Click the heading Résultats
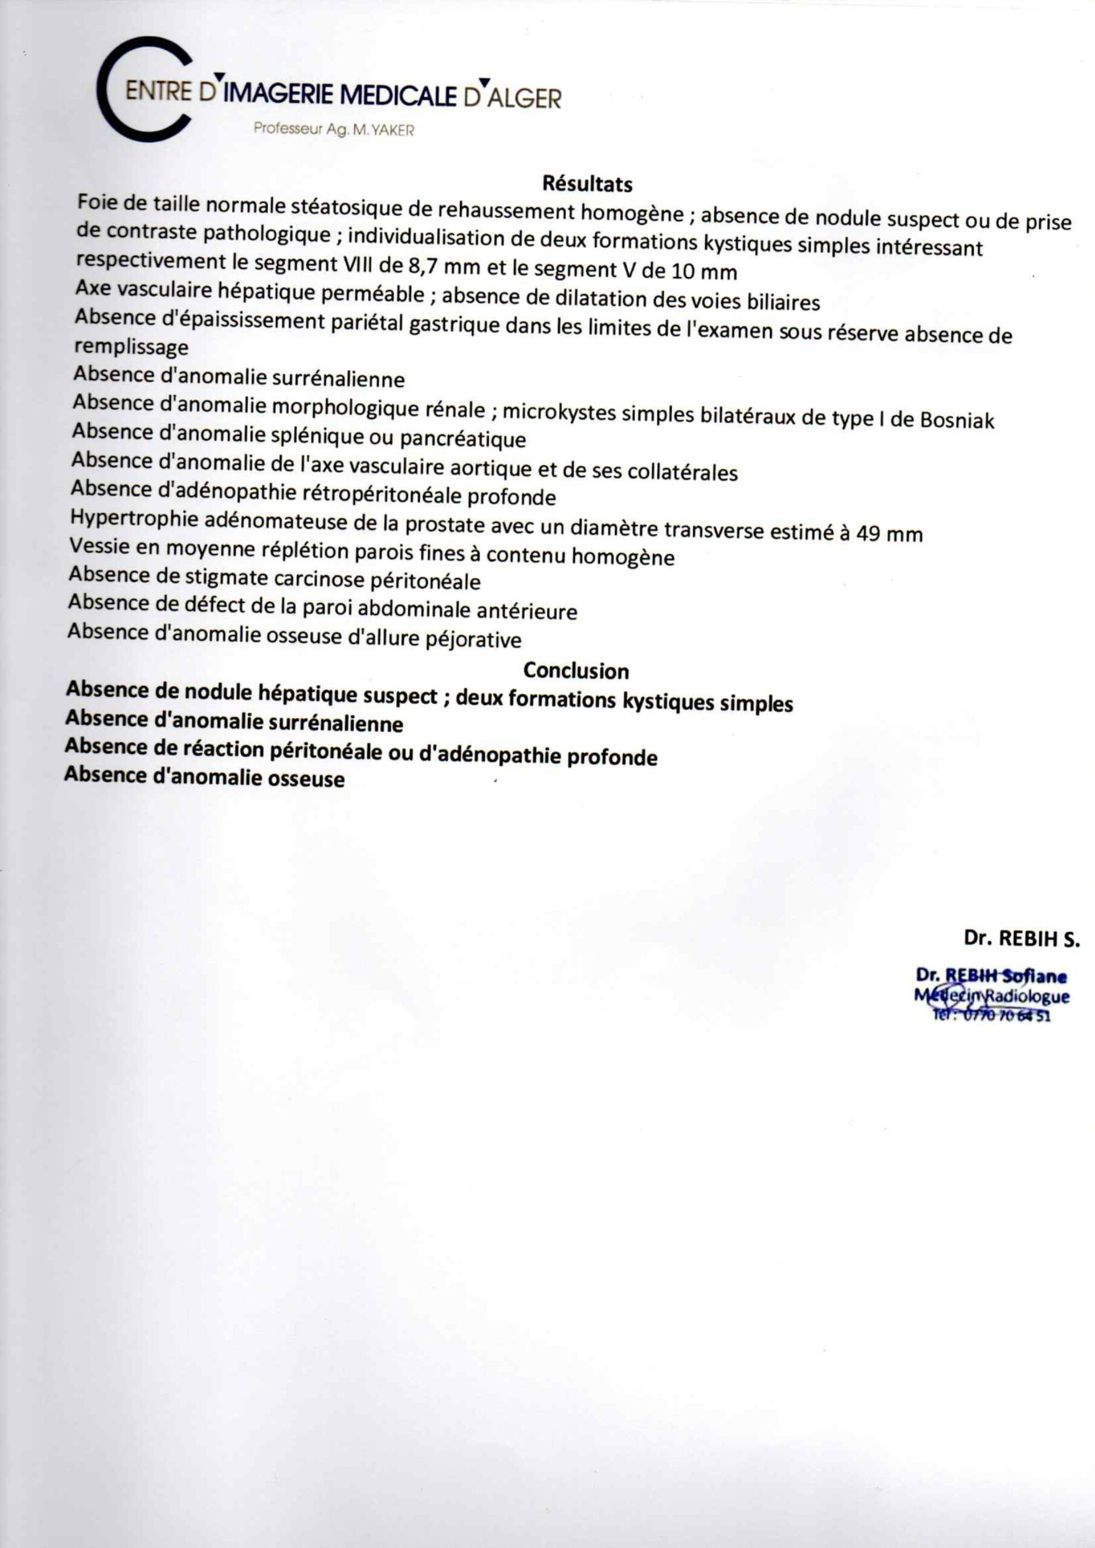(x=587, y=183)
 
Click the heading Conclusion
(x=576, y=670)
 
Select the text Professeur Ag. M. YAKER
(x=334, y=129)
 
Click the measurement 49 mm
(x=889, y=533)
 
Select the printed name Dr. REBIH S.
(x=1021, y=938)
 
